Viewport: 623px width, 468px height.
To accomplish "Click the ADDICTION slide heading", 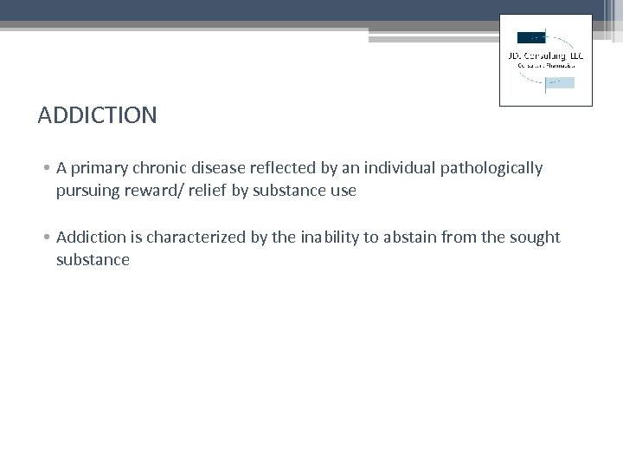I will [98, 115].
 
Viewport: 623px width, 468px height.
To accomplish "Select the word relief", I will [209, 191].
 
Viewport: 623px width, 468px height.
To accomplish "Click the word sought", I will [536, 237].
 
